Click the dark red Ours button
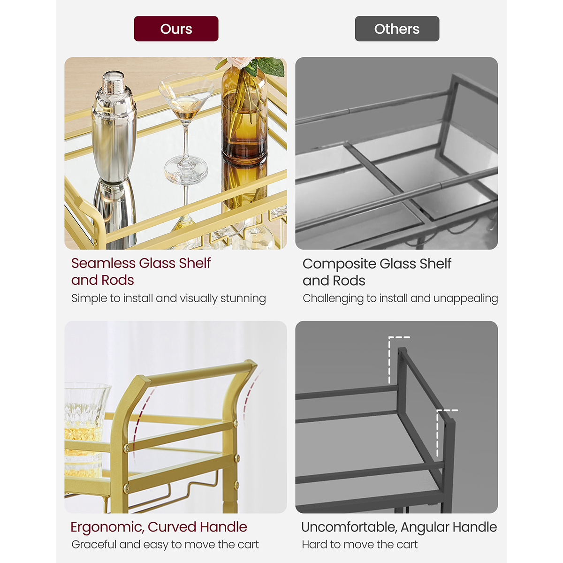tap(176, 29)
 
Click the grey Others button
tap(397, 29)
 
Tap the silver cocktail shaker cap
tap(113, 83)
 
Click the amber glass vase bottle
tap(244, 117)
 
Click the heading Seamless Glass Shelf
tap(141, 263)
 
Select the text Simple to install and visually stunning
tap(168, 298)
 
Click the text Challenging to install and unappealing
tap(400, 298)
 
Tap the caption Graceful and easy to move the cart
tap(165, 544)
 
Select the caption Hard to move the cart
tap(359, 544)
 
